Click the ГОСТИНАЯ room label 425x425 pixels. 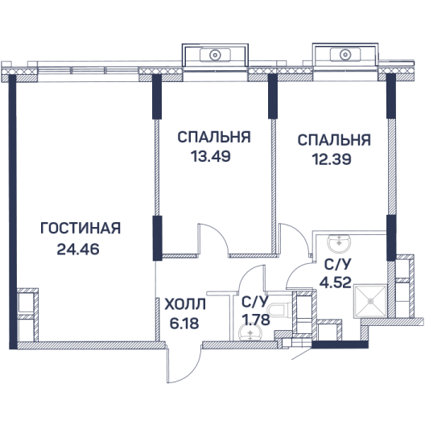click(80, 229)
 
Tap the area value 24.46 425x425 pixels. click(78, 249)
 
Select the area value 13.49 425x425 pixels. click(211, 156)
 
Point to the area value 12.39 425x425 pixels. click(332, 159)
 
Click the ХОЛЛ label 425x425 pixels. click(185, 303)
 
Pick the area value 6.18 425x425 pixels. click(184, 323)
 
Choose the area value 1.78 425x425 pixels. click(256, 320)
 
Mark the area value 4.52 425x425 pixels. click(336, 283)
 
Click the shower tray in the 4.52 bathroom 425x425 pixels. click(370, 301)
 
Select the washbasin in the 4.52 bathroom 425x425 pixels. click(339, 243)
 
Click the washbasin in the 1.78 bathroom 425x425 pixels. click(250, 332)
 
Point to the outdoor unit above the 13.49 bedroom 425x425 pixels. click(215, 55)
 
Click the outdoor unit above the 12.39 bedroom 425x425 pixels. click(345, 54)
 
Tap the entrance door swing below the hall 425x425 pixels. click(184, 365)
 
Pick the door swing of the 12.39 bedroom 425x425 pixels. click(295, 239)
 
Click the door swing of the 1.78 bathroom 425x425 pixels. click(250, 279)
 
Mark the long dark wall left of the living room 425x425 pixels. click(13, 212)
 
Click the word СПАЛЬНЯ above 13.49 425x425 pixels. click(214, 137)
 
